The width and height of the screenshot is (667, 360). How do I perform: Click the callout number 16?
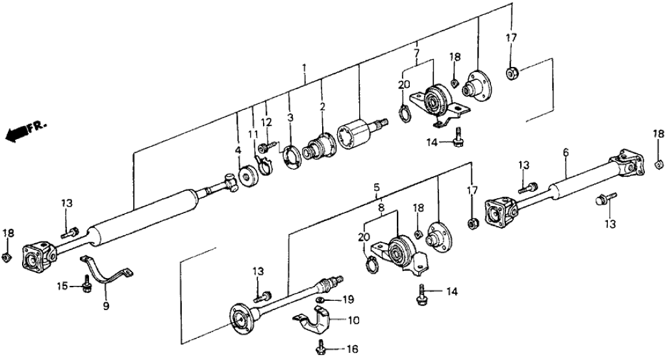352,349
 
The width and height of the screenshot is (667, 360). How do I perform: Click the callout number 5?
377,188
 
